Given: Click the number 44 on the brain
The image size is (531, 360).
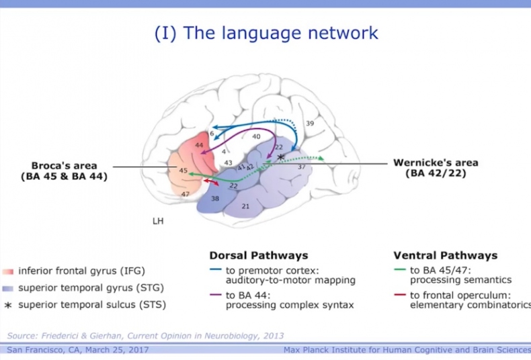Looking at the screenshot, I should [x=199, y=145].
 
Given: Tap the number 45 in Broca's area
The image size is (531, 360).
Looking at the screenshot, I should [x=183, y=171].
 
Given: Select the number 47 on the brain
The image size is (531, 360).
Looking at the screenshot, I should [x=186, y=193].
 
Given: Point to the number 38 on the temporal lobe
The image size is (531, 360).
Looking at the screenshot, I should [x=215, y=199].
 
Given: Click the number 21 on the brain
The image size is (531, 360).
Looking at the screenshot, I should [x=245, y=206].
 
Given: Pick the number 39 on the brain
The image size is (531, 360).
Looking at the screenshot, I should [x=310, y=124].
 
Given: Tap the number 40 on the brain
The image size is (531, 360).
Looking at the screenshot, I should [x=256, y=137].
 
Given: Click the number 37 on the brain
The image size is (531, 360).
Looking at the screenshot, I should [x=301, y=166].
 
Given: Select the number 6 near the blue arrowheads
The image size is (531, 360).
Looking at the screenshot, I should [x=211, y=135].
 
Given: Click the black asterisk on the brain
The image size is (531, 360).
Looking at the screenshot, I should [x=281, y=156].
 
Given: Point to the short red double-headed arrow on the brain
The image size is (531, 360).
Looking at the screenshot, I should [x=212, y=183].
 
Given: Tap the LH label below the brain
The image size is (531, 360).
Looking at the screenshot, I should [x=158, y=220].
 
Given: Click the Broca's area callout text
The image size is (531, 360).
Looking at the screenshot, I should [x=64, y=171].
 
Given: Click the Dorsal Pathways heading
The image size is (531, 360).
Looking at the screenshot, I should [x=259, y=255].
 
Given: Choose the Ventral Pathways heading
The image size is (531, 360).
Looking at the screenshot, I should [x=445, y=255].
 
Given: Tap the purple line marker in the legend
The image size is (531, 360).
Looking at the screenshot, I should [x=215, y=295].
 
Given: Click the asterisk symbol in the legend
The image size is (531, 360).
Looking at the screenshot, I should [x=8, y=305].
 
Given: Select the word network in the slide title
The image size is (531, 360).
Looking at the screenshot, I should [x=341, y=32].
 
